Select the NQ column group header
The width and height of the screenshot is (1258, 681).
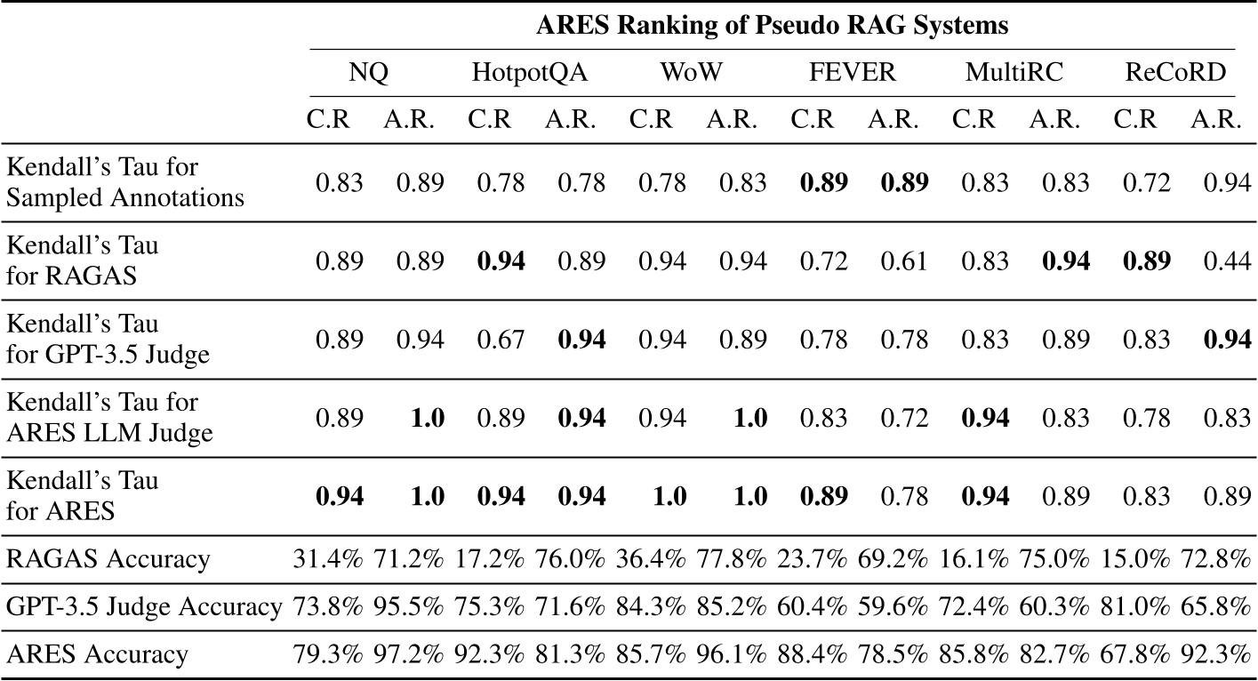(x=368, y=74)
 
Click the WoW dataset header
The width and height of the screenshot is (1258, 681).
(x=689, y=74)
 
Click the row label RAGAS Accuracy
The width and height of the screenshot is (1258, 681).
(x=108, y=559)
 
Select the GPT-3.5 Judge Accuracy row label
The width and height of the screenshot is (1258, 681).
(x=143, y=607)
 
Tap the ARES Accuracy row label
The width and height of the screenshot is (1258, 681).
(x=97, y=655)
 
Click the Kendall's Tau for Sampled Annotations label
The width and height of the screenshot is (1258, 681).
(x=124, y=182)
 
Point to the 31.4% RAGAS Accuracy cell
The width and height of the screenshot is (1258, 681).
(x=328, y=559)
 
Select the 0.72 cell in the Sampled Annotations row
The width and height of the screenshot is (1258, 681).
(x=1137, y=182)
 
